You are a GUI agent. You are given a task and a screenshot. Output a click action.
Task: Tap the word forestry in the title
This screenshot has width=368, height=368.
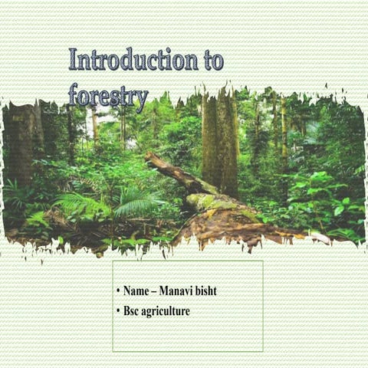(108, 97)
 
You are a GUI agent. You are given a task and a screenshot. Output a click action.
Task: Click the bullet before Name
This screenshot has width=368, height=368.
(118, 292)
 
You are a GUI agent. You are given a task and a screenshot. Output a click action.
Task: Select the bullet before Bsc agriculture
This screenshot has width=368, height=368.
(118, 311)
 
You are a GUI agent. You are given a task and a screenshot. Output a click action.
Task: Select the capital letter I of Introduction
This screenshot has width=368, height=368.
(74, 60)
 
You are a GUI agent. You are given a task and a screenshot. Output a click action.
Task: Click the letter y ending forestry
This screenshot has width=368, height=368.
(141, 100)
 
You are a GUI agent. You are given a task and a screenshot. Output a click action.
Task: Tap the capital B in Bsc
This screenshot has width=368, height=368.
(127, 311)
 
